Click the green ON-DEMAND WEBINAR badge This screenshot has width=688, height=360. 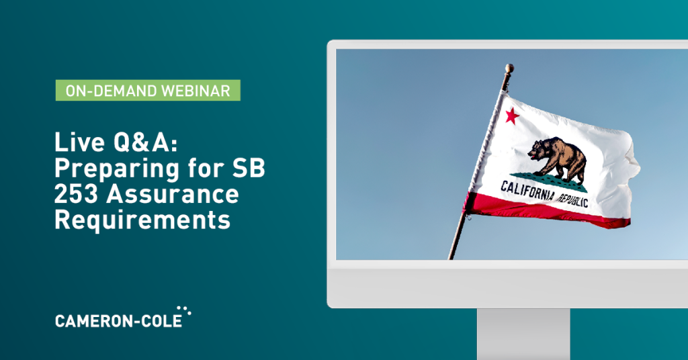[148, 90]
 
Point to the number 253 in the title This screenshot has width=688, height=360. [77, 194]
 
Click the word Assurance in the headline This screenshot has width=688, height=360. [173, 194]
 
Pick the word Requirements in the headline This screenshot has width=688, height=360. [142, 220]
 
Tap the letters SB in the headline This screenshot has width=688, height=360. [249, 168]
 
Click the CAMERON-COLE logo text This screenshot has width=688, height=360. [118, 321]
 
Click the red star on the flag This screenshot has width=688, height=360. [512, 116]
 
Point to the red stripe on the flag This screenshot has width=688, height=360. [546, 212]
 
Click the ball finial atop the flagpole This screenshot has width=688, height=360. [509, 69]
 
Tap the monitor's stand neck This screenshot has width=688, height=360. [523, 334]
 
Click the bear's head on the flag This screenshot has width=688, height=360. [536, 151]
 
